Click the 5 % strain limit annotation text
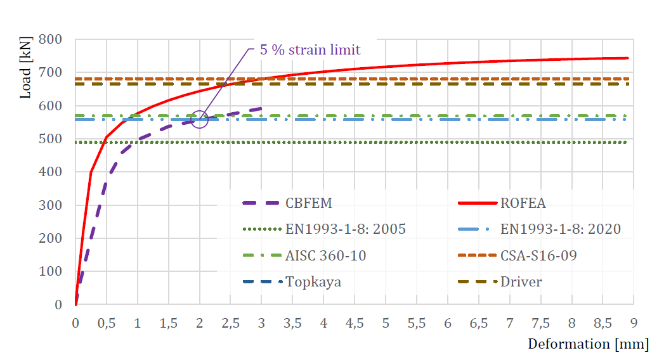point(310,49)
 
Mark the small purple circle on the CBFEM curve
point(199,120)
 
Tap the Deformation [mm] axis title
point(588,344)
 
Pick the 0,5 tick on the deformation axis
point(107,323)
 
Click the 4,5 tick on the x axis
point(355,323)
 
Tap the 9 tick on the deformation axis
point(634,323)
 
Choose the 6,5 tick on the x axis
point(479,323)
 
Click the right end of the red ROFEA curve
point(627,58)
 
